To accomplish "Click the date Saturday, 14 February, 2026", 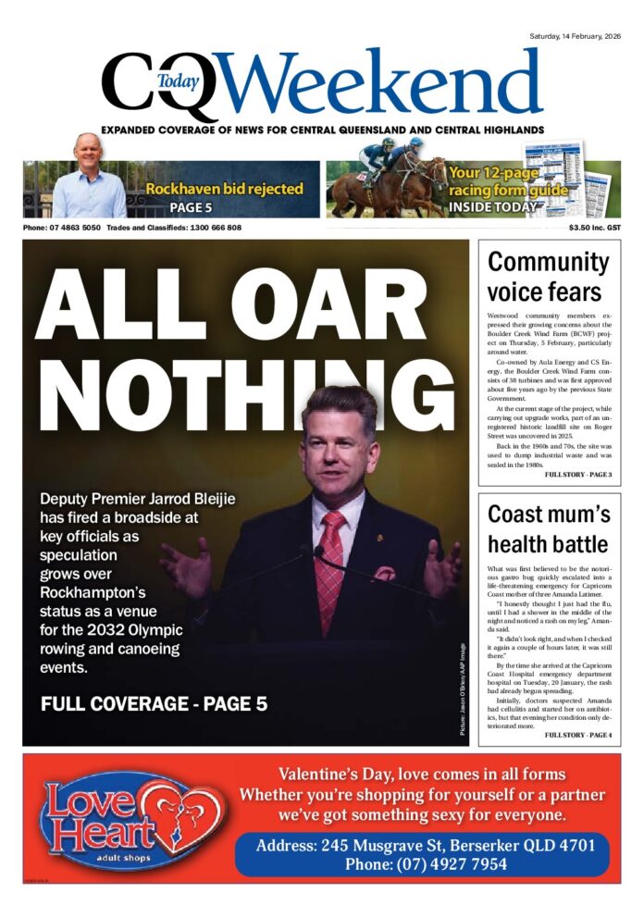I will point(575,36).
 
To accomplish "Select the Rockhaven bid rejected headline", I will point(224,189).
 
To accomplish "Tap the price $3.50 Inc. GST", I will point(594,228).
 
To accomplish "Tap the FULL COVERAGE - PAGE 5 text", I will point(154,704).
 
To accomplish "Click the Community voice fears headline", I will point(549,277).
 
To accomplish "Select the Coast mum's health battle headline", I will point(548,527).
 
